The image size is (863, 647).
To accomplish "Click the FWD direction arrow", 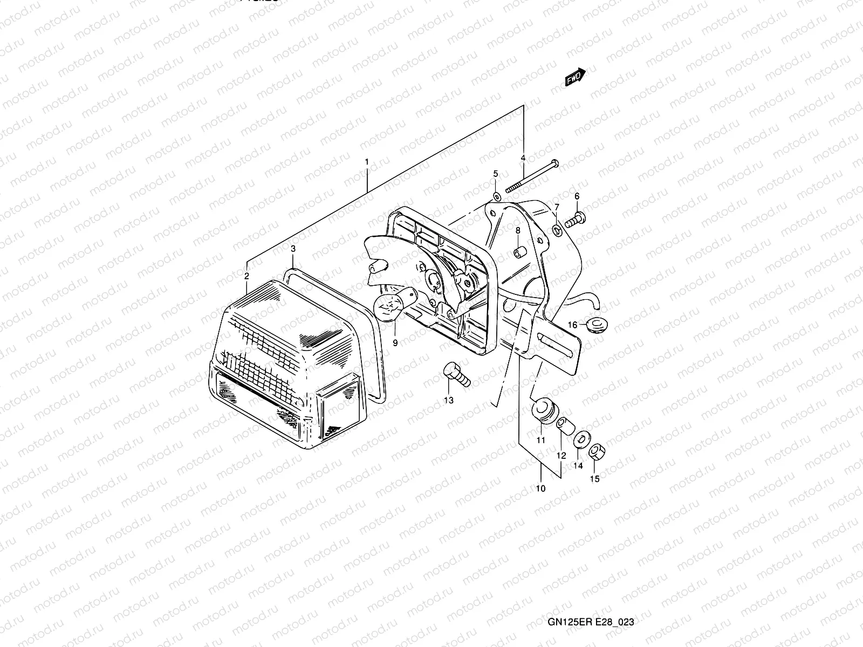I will pyautogui.click(x=575, y=77).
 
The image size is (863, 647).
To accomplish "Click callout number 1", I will pyautogui.click(x=367, y=162).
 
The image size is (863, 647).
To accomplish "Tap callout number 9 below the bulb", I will pyautogui.click(x=395, y=343).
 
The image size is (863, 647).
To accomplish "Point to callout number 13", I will pyautogui.click(x=449, y=400).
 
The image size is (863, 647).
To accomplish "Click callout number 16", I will pyautogui.click(x=572, y=325).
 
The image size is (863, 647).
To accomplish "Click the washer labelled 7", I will pyautogui.click(x=557, y=231).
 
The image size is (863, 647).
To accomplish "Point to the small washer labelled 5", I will pyautogui.click(x=496, y=195).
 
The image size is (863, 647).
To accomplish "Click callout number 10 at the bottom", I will pyautogui.click(x=540, y=488).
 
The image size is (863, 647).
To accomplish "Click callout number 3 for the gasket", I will pyautogui.click(x=293, y=249).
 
